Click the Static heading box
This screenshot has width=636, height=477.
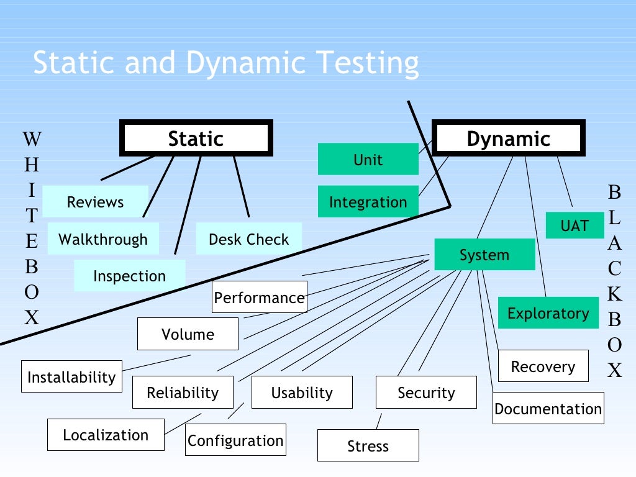tap(196, 139)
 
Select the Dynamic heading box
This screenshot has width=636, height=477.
tap(508, 139)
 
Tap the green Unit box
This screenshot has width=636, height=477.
tap(368, 160)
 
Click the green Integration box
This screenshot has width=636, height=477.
tap(368, 202)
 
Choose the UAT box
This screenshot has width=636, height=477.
tap(575, 225)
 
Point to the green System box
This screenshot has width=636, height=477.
tap(484, 255)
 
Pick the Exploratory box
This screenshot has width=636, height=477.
tap(548, 313)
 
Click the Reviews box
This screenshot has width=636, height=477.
tap(95, 202)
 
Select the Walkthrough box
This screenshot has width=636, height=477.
tap(103, 239)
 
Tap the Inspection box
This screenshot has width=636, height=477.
tap(129, 276)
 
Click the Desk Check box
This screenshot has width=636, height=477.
tap(248, 239)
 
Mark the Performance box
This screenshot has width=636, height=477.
tap(259, 298)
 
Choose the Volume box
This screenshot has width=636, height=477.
tap(188, 334)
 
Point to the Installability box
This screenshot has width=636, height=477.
tap(71, 376)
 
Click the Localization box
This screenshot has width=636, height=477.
tap(106, 435)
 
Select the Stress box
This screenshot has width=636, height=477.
tap(368, 446)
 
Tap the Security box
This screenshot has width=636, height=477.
tap(426, 393)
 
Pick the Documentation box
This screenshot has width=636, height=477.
tap(548, 409)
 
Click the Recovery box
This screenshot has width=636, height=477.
tap(542, 366)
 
